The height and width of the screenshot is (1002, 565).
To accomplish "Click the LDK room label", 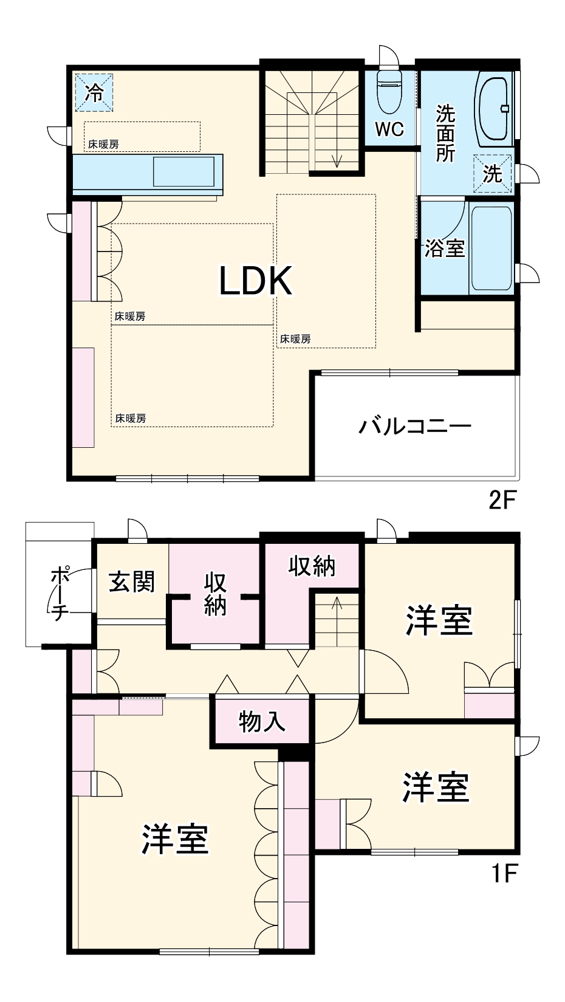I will (256, 281).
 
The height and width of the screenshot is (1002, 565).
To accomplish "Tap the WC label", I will (389, 129).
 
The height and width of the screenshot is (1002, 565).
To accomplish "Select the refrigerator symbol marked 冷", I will (94, 92).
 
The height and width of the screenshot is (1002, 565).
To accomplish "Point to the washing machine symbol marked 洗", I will (493, 174).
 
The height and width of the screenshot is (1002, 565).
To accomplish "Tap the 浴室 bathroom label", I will (444, 248).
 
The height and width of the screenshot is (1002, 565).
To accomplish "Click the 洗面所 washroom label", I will (445, 133).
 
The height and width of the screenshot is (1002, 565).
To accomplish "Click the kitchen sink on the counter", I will (183, 171).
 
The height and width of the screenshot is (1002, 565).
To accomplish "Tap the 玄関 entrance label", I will (132, 582).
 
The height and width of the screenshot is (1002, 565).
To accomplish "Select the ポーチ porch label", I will (59, 594).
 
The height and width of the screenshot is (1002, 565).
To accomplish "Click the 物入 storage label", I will (262, 721).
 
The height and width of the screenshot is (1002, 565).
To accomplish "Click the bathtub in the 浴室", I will (491, 249).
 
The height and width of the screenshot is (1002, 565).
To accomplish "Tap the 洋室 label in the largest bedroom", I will (175, 839).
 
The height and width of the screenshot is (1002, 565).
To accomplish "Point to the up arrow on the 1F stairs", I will (338, 603).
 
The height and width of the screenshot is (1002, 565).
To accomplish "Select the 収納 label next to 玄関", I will (215, 594).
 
